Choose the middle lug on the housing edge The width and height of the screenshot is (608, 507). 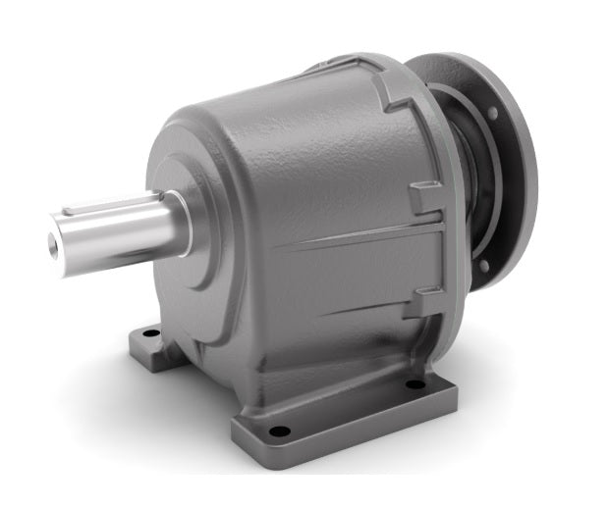425,200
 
